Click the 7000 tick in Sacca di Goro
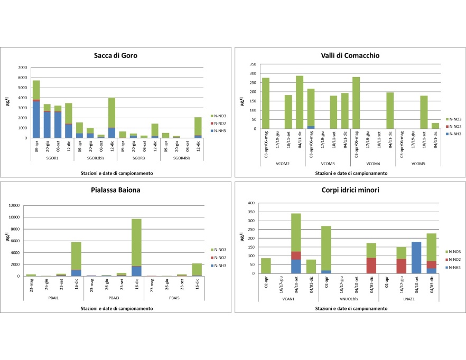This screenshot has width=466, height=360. [x=22, y=68]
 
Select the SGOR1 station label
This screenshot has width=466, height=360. [x=52, y=158]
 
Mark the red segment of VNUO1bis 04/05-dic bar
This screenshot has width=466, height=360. [x=371, y=266]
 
